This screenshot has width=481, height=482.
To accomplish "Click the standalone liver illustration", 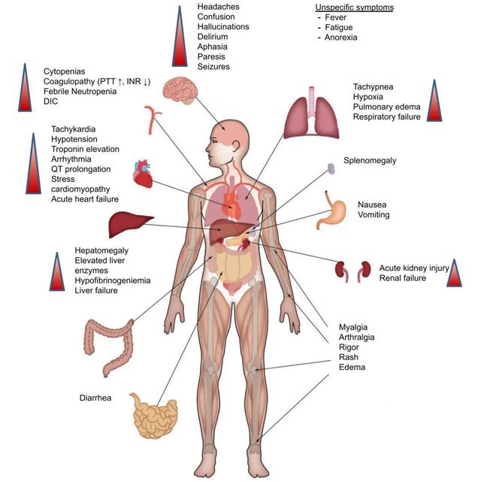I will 126,223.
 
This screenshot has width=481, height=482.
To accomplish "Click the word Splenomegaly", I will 370,161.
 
